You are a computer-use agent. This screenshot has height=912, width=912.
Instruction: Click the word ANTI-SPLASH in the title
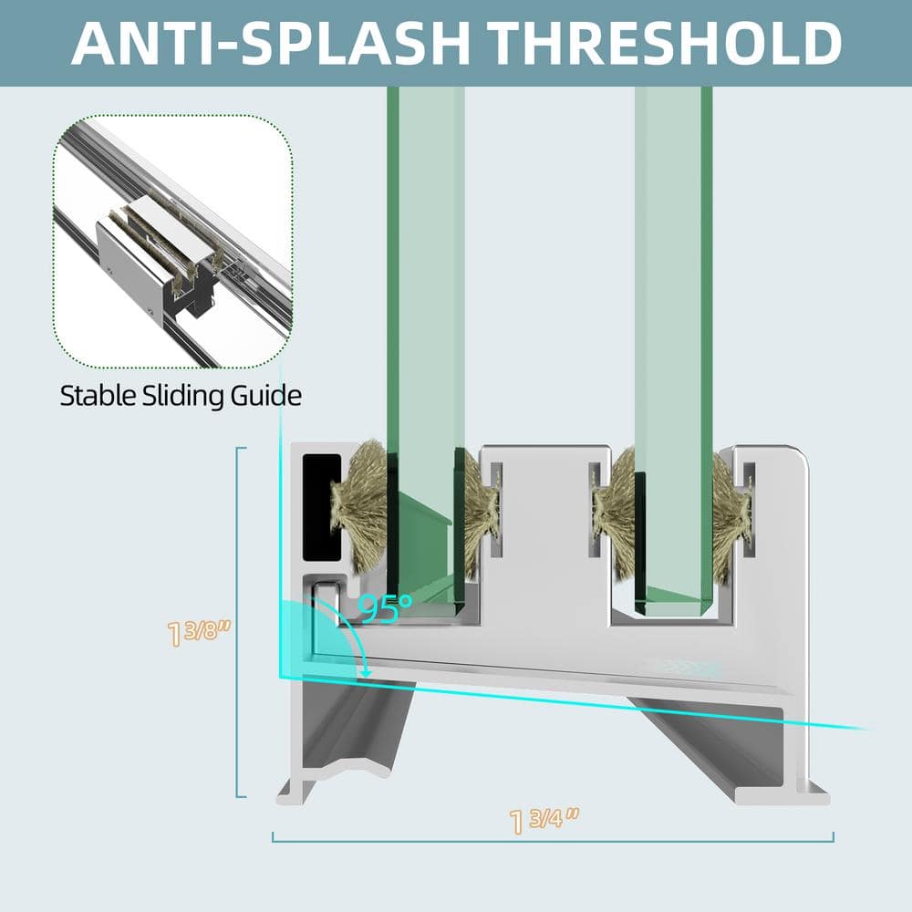point(271,43)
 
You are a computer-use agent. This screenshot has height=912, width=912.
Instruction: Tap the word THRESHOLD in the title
point(664,43)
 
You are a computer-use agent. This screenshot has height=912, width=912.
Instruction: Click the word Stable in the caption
point(98,396)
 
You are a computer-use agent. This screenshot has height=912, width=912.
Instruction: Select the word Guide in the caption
point(265,396)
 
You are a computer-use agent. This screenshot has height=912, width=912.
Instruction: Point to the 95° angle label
point(385,607)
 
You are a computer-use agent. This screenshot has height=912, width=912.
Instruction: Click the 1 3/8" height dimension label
point(198,632)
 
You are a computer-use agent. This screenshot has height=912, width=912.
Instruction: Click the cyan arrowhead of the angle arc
point(366,672)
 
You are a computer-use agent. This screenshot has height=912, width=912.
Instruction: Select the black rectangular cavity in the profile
point(322,507)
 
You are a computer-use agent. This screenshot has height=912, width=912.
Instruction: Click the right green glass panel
point(674,349)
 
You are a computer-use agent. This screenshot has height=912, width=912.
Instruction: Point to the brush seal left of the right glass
point(614,514)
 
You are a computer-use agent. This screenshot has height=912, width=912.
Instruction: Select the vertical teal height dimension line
point(238,622)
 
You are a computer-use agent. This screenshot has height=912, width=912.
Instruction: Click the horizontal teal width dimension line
point(554,841)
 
